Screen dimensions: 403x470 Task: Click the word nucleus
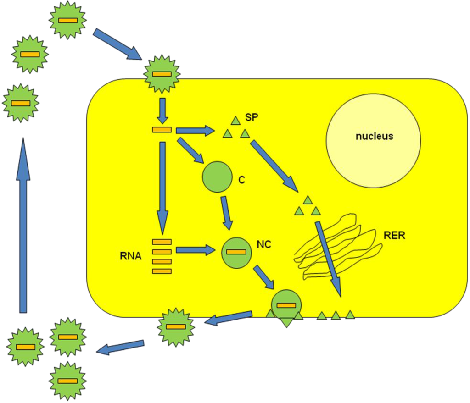click(374, 136)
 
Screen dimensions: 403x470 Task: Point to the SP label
click(251, 117)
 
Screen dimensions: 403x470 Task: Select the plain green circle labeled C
click(217, 177)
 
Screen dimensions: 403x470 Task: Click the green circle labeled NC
click(236, 254)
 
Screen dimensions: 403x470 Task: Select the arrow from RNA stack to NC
click(196, 250)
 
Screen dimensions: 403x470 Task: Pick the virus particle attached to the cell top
click(162, 74)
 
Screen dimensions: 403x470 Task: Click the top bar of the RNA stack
click(162, 242)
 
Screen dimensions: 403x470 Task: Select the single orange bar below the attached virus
click(162, 130)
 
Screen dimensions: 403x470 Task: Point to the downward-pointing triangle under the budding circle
click(286, 322)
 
